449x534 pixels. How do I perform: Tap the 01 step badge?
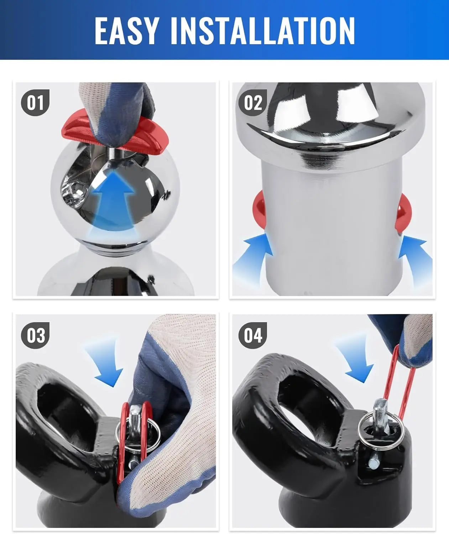click(x=35, y=103)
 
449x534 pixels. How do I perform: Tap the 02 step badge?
click(x=252, y=103)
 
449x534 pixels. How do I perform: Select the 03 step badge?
click(x=35, y=335)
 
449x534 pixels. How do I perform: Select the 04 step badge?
click(x=252, y=335)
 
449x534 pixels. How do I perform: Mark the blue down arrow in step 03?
click(x=105, y=363)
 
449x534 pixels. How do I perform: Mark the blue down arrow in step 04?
click(x=356, y=361)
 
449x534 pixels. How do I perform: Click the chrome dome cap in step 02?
click(x=333, y=128)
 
